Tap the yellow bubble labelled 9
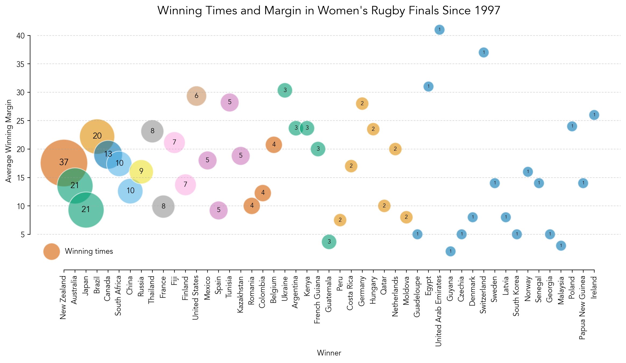pos(141,171)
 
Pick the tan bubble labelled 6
pos(196,96)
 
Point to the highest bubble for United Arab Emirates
pos(439,30)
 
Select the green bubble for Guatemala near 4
pos(329,242)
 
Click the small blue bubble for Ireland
pos(594,115)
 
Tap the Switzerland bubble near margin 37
pos(484,52)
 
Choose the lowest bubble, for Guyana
pos(450,251)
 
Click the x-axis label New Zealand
pos(63,297)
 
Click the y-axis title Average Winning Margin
pos(9,141)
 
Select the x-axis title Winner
pos(329,353)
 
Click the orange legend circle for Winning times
pos(51,252)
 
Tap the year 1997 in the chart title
pos(486,11)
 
